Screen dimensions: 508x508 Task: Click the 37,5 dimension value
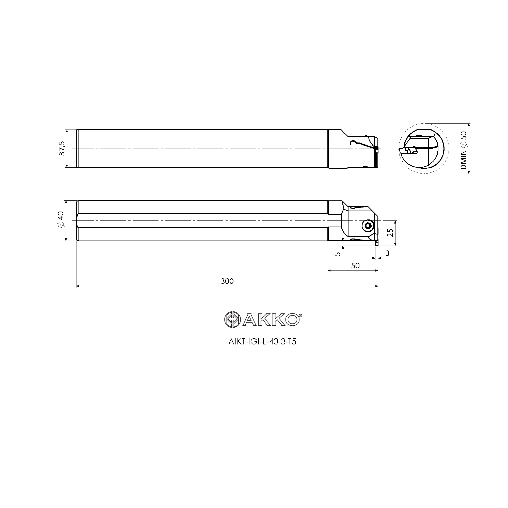tap(62, 149)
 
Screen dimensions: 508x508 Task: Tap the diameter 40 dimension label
tap(61, 220)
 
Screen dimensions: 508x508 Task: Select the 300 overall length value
tap(227, 281)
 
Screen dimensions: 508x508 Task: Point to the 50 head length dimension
tap(355, 266)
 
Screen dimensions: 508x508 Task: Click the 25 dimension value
tap(391, 233)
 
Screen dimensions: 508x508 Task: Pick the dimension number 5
tap(338, 254)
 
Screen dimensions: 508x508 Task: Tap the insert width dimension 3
tap(387, 253)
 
